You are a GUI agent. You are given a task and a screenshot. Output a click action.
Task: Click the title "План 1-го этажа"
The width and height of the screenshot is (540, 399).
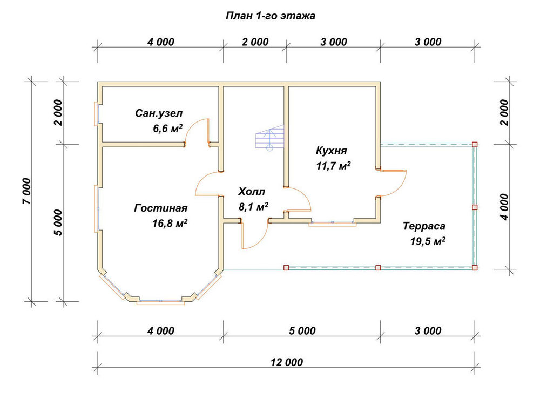click(271, 16)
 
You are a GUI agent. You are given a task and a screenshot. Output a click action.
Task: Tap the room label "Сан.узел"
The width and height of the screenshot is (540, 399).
click(159, 113)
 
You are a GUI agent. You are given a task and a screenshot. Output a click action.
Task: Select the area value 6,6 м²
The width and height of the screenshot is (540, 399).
click(168, 129)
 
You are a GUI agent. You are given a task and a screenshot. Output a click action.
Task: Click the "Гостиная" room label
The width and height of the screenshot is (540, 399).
click(161, 208)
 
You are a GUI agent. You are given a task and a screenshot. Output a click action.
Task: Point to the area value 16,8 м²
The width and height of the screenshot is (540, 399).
click(170, 224)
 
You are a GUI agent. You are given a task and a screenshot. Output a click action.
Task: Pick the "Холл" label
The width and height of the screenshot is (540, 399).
click(252, 192)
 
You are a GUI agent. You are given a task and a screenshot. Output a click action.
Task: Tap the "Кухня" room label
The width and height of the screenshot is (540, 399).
click(332, 151)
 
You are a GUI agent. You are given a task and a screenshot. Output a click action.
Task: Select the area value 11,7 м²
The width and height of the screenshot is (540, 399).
click(333, 166)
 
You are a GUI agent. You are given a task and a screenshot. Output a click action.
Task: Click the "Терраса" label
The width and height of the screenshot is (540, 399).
click(424, 226)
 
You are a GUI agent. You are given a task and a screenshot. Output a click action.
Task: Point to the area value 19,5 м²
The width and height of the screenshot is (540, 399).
click(428, 241)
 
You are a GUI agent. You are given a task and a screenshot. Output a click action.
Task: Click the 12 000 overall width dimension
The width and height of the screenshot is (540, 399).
click(287, 362)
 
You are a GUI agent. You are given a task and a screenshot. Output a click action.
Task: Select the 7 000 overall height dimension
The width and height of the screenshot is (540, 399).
click(27, 191)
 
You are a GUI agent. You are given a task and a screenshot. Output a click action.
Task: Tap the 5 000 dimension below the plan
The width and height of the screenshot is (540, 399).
click(302, 331)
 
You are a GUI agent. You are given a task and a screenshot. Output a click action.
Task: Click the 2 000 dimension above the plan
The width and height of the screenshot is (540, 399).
click(255, 42)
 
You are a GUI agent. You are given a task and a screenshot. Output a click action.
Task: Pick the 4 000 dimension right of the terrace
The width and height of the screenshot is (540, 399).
click(504, 207)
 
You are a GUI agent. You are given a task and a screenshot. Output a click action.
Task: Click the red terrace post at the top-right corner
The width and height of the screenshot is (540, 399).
click(475, 145)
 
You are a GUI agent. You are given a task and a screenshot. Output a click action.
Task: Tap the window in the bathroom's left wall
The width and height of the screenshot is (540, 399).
click(97, 114)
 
